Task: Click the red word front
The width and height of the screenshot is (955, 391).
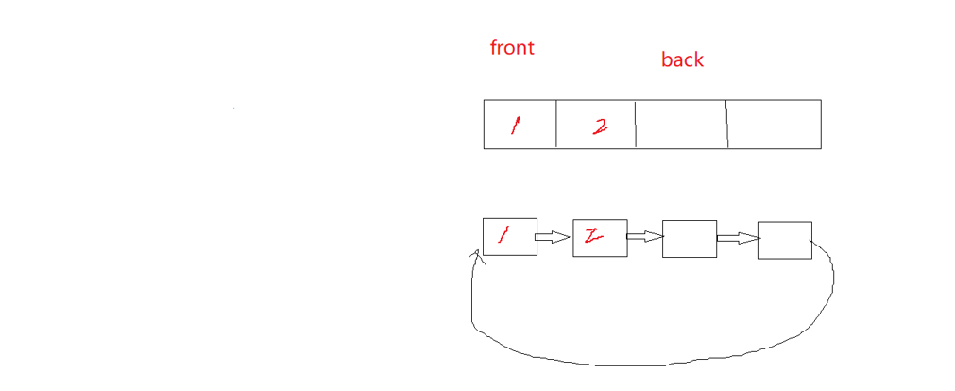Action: [512, 47]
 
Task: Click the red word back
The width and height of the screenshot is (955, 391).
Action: [682, 59]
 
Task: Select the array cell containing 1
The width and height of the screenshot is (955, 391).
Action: [520, 125]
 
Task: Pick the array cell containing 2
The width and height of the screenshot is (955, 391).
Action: [595, 125]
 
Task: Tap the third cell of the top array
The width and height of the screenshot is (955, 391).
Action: [681, 125]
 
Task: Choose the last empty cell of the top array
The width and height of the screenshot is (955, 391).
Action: [774, 125]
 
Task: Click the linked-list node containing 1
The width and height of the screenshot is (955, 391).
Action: [509, 237]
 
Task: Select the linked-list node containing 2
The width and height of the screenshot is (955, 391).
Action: [600, 238]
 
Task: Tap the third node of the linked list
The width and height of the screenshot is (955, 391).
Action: [690, 239]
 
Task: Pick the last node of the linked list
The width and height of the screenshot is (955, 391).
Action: [784, 240]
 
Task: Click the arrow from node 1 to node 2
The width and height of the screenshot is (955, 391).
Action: [554, 237]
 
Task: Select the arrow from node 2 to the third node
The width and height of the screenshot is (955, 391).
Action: [644, 238]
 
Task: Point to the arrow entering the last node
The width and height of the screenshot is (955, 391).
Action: [738, 239]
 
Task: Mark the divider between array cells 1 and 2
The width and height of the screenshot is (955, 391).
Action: [555, 125]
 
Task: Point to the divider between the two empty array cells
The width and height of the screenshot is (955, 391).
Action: [727, 125]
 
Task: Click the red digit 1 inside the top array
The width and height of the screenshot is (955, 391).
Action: [515, 126]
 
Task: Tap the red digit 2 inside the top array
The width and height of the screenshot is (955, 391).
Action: [600, 127]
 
